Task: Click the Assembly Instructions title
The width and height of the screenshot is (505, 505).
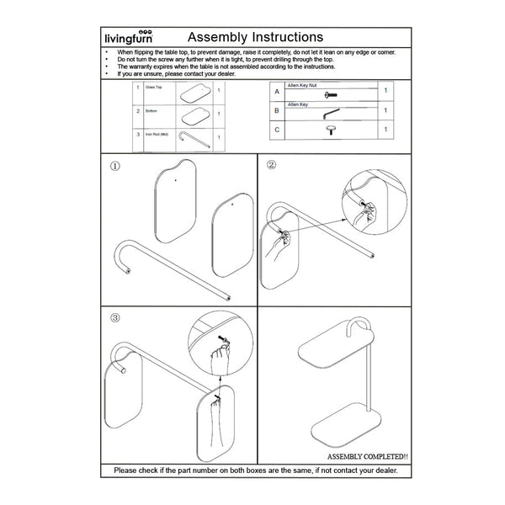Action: [x=254, y=37]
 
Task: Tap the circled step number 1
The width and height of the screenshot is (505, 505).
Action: [x=114, y=166]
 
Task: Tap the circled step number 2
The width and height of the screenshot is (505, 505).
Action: [x=271, y=165]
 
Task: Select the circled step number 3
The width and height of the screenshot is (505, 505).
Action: [x=114, y=319]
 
